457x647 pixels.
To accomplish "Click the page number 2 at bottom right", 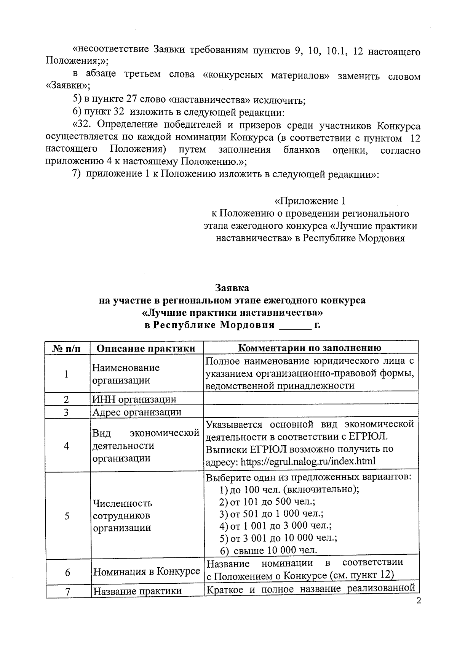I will coord(419,601).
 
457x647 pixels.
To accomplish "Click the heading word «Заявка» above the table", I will coord(232,287).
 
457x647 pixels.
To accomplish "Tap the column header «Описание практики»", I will coord(146,348).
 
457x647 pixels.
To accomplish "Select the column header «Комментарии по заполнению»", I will coord(310,348).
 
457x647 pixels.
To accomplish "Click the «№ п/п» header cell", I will coord(67,348).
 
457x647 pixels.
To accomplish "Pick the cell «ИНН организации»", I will coord(134,400).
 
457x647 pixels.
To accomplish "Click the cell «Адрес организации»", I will coord(137,412).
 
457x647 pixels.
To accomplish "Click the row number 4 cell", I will coord(67,446).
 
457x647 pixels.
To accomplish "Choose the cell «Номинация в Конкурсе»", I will coord(147,572).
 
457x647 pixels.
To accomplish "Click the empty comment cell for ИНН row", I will coord(310,400).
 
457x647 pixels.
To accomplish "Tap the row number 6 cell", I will coord(67,572).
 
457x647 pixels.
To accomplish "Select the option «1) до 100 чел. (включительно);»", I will coord(289,490).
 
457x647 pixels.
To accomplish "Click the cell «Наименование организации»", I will coord(126,374).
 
